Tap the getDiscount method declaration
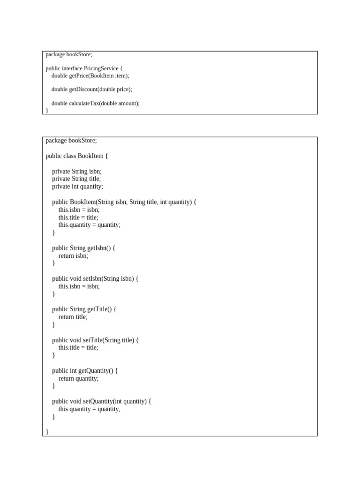(92, 89)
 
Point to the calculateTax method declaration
(96, 103)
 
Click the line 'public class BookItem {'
(77, 156)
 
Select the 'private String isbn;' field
(77, 172)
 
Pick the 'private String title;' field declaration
(76, 179)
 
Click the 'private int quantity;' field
(77, 187)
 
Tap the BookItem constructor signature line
(124, 202)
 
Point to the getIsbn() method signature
(83, 248)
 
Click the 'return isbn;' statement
(73, 256)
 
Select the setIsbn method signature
(96, 278)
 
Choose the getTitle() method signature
(84, 309)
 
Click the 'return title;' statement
(73, 317)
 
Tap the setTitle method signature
(95, 340)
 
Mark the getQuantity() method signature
(85, 371)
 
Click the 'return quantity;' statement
(78, 378)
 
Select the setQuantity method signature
(102, 401)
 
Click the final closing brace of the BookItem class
(47, 432)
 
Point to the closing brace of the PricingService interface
(47, 110)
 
